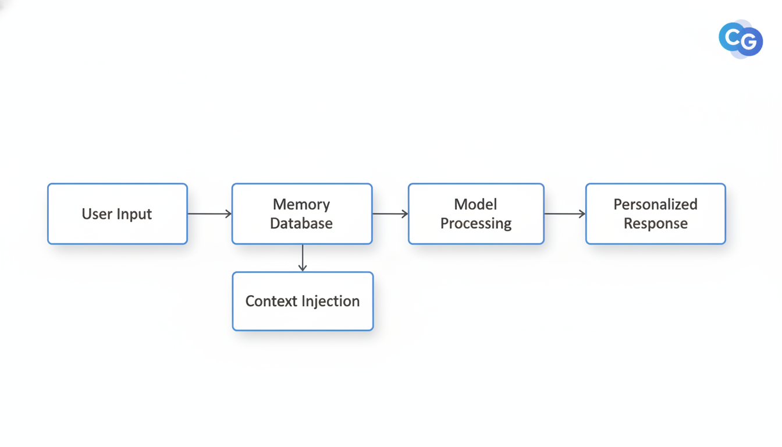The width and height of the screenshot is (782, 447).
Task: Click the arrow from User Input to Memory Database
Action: coord(209,214)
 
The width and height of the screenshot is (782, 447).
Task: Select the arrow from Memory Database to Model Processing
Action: coord(390,214)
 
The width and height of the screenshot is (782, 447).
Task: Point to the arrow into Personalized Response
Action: coord(564,214)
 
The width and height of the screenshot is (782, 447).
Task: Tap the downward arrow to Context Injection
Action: coord(303,258)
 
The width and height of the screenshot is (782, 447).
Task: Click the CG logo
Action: coord(741,39)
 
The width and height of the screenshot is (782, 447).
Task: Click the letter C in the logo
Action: coord(732,38)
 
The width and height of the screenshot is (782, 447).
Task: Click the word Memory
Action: coord(301,204)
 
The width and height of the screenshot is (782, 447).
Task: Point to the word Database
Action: coord(301,223)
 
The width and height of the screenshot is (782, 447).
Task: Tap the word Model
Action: coord(475,204)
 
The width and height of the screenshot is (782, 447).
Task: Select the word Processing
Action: coord(475,223)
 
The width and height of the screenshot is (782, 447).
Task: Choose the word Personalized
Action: coord(655,204)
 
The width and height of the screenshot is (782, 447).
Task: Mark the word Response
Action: coord(655,223)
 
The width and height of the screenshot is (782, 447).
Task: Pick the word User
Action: coord(95,214)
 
